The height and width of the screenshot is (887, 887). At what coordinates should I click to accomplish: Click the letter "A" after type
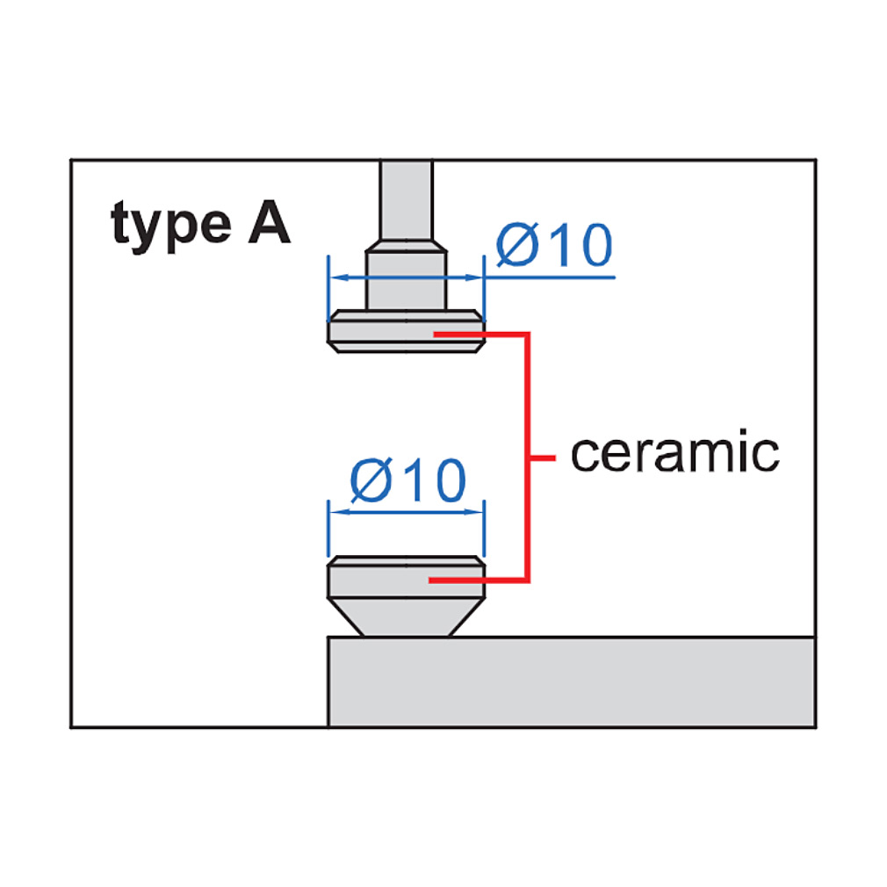pos(270,221)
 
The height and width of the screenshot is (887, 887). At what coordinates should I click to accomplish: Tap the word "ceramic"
pos(674,452)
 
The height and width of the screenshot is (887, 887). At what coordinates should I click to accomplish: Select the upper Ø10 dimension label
pos(554,244)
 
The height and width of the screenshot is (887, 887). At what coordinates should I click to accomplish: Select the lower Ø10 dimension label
pos(407,480)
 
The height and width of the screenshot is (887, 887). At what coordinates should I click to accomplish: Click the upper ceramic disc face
pos(406,331)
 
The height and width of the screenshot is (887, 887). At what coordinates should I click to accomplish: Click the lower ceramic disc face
pos(406,577)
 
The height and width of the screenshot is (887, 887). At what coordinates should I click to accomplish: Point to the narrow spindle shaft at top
pos(406,201)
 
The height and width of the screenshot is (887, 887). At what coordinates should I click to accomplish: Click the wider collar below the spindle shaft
pos(406,276)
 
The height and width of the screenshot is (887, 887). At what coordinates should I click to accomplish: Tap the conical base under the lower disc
pos(406,617)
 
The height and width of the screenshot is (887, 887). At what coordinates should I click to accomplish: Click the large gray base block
pos(572,681)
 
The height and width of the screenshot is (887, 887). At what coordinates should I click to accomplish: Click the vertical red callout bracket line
pos(528,457)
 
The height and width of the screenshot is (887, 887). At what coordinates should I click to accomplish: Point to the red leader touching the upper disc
pos(481,335)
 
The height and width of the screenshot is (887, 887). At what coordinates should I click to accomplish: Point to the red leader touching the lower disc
pos(479,580)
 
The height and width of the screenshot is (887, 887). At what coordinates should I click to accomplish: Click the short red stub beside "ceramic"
pos(543,458)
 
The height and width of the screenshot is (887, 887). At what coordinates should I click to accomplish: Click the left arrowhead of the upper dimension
pos(338,278)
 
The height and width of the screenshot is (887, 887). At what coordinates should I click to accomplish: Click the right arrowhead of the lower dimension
pos(474,512)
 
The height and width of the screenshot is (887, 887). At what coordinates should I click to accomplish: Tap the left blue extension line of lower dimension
pos(328,529)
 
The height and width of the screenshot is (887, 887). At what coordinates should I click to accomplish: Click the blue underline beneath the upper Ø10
pos(550,278)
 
